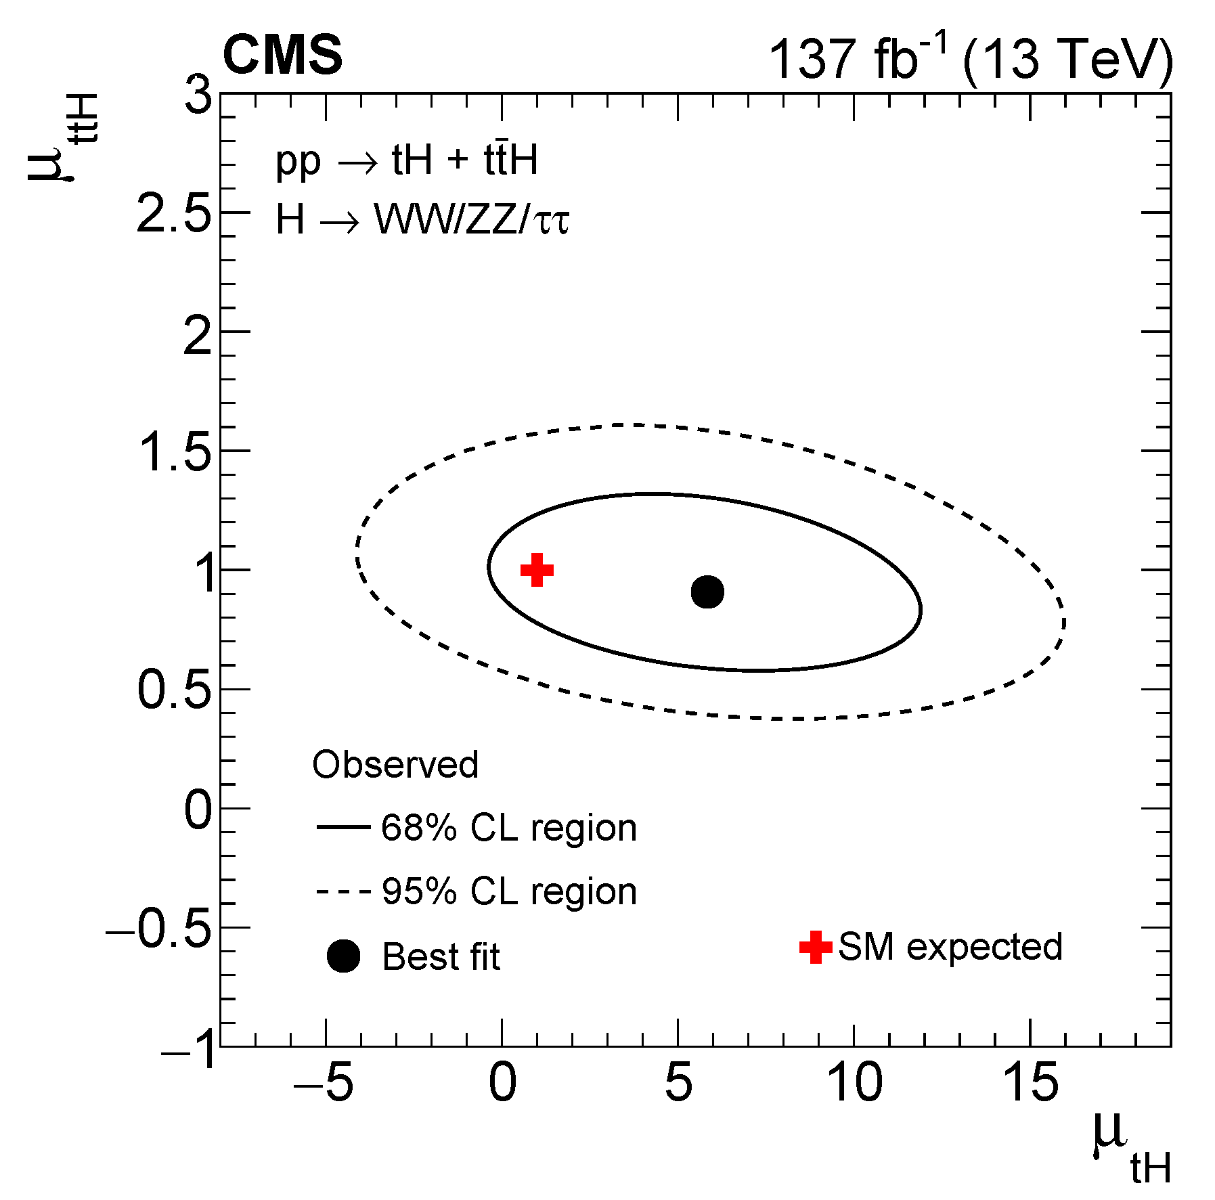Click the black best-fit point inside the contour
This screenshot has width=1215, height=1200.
(x=707, y=592)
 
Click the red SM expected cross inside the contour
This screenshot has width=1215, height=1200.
(x=537, y=570)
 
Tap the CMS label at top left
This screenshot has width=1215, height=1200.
(x=282, y=55)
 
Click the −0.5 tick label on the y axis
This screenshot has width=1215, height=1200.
(x=158, y=929)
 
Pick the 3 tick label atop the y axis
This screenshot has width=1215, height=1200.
(x=198, y=96)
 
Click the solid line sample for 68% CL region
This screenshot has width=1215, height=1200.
(x=343, y=827)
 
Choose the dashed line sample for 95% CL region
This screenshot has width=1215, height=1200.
(x=343, y=891)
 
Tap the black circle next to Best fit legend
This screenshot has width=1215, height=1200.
(x=343, y=956)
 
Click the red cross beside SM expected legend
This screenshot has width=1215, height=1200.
(x=816, y=947)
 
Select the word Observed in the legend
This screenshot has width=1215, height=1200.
(x=395, y=765)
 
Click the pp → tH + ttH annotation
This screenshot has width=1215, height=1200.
(x=406, y=161)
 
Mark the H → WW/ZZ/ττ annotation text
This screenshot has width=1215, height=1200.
(x=422, y=221)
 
